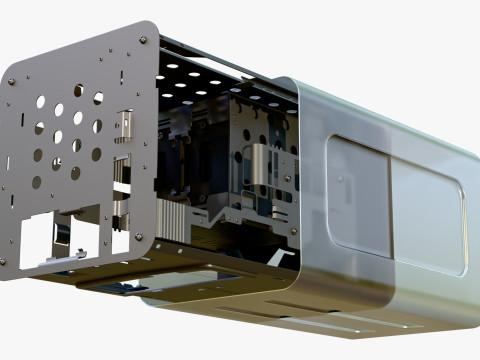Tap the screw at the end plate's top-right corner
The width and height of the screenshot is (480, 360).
point(144,40)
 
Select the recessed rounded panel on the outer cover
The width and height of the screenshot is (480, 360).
point(395,205)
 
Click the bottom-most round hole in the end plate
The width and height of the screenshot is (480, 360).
point(37,183)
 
